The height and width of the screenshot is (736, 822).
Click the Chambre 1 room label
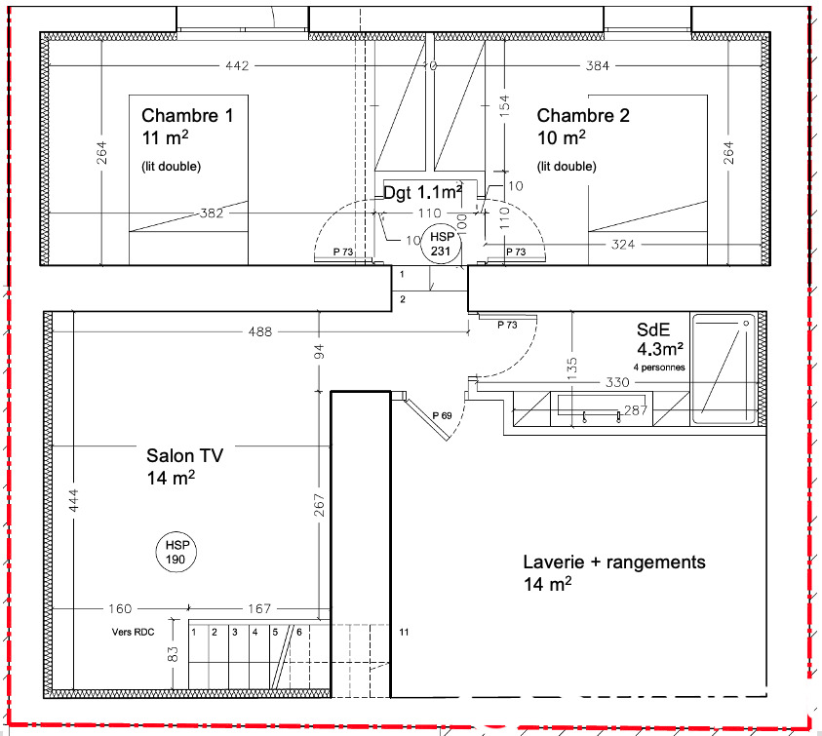tap(187, 115)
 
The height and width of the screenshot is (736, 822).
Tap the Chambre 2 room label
tap(583, 115)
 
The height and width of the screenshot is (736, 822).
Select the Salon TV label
tap(184, 455)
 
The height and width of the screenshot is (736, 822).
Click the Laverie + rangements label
tap(614, 562)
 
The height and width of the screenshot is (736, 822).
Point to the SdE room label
tap(653, 329)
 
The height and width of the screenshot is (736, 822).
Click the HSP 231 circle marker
tap(442, 244)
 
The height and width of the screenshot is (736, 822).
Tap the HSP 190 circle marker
tap(176, 553)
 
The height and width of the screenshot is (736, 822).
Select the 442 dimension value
tap(237, 66)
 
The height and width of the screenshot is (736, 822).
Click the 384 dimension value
tap(598, 66)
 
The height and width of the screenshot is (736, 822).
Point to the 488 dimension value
tap(260, 331)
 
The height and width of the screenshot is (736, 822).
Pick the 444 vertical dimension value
tap(73, 501)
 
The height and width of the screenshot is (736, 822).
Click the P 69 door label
tap(442, 415)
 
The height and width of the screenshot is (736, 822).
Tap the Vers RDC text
tap(134, 633)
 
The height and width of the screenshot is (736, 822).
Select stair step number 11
tap(404, 633)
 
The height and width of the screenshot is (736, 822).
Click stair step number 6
tap(299, 633)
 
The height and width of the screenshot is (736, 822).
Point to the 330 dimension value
tap(617, 382)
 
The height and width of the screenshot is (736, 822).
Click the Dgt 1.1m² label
tap(422, 192)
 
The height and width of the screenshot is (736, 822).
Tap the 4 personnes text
tap(659, 368)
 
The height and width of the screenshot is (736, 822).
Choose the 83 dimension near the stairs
tap(173, 654)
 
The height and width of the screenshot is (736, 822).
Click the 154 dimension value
tap(504, 106)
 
